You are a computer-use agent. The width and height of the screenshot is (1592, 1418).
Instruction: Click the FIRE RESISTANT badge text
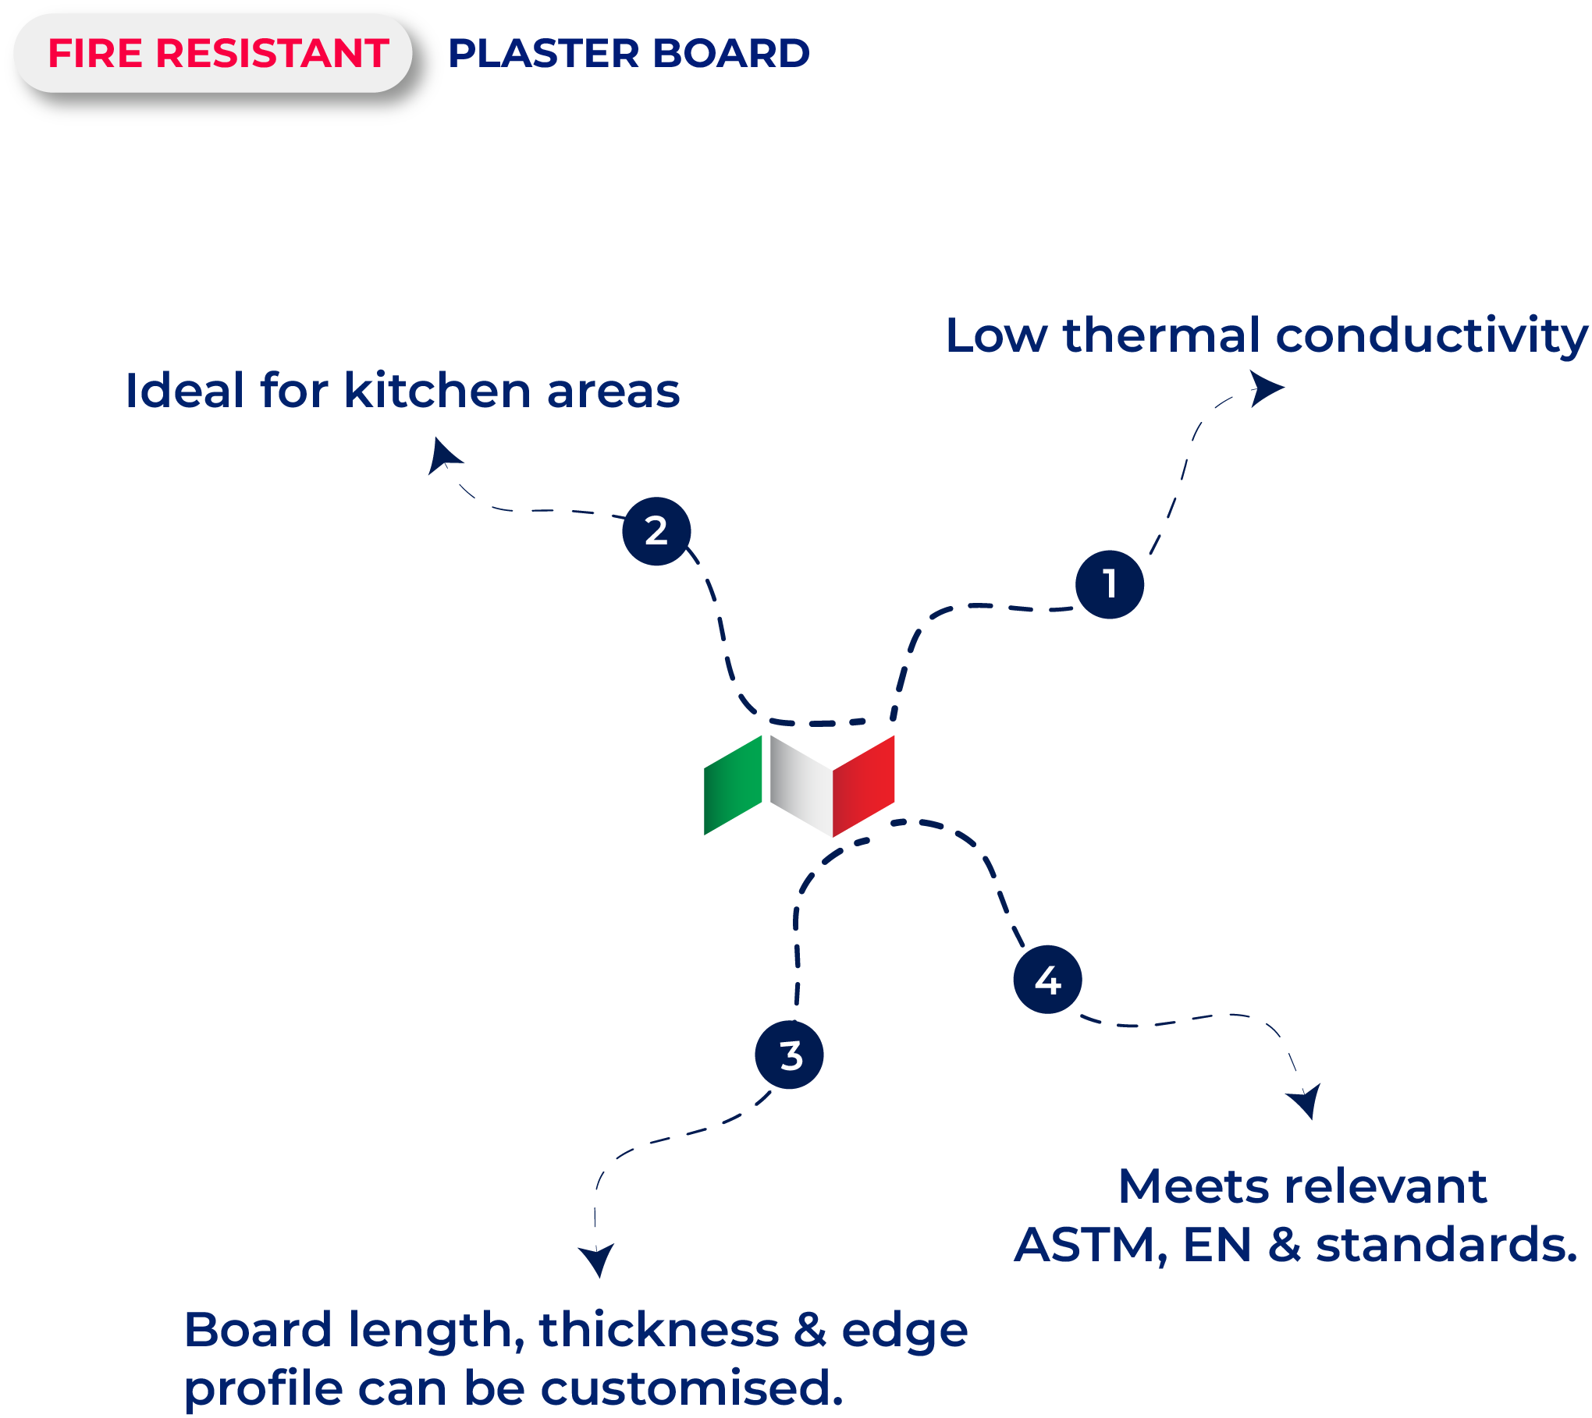pos(218,54)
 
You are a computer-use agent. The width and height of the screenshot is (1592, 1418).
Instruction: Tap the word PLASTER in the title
pos(543,54)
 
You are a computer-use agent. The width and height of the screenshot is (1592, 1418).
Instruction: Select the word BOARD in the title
pos(730,54)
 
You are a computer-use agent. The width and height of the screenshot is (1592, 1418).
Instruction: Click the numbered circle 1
pos(1109,584)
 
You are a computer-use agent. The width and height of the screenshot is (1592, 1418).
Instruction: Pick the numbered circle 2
pos(656,531)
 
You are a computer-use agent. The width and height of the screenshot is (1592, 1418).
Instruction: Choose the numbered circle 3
pos(789,1055)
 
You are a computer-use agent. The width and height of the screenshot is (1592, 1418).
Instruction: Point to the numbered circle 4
pos(1047,980)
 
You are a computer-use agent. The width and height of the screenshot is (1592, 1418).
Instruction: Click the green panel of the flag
pos(733,785)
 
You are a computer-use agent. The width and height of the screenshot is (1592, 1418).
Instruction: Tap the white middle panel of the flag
pos(801,785)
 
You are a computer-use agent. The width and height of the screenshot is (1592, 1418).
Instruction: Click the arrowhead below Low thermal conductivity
pos(1266,388)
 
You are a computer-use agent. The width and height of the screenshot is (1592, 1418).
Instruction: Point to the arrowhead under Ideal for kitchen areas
pos(442,456)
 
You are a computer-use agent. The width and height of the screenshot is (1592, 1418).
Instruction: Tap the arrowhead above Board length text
pos(597,1258)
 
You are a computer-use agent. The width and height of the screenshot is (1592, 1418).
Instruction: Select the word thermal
pos(1161,335)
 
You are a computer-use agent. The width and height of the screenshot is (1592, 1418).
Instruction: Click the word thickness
pos(659,1330)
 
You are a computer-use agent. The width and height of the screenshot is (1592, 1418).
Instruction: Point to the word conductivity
pos(1431,335)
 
